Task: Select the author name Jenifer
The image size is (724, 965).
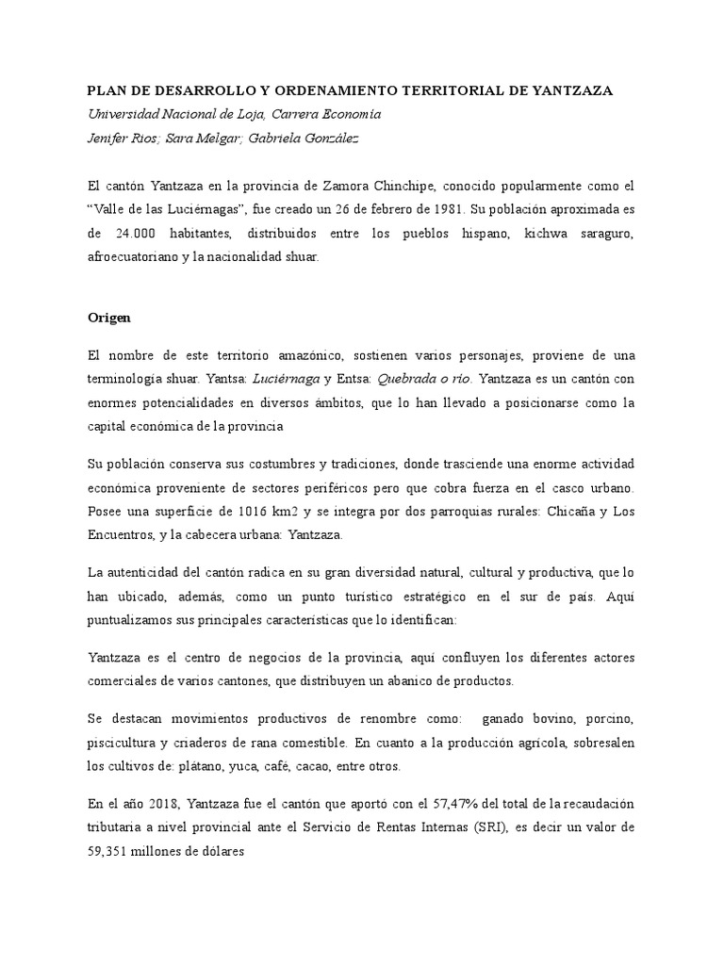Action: pyautogui.click(x=109, y=138)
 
